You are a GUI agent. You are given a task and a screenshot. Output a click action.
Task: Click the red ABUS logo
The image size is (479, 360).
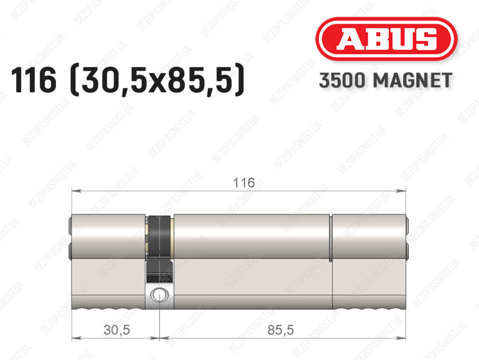click(x=386, y=39)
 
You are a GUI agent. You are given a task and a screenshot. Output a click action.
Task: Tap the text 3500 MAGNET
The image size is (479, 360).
click(x=385, y=81)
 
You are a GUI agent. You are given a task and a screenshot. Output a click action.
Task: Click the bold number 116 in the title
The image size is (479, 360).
click(x=34, y=80)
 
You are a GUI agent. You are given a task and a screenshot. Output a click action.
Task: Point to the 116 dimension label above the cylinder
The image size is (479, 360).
click(x=244, y=183)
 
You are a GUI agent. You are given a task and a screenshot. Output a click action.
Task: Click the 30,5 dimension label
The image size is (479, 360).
click(x=116, y=330)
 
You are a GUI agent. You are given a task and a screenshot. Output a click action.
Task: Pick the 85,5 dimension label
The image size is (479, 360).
click(x=281, y=330)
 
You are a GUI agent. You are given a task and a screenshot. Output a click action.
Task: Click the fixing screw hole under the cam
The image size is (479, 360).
click(x=159, y=295)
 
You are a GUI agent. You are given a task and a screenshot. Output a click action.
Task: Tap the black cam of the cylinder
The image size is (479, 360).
click(x=159, y=248)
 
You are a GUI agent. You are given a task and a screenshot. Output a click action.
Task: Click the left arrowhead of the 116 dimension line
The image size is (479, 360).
click(x=76, y=191)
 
